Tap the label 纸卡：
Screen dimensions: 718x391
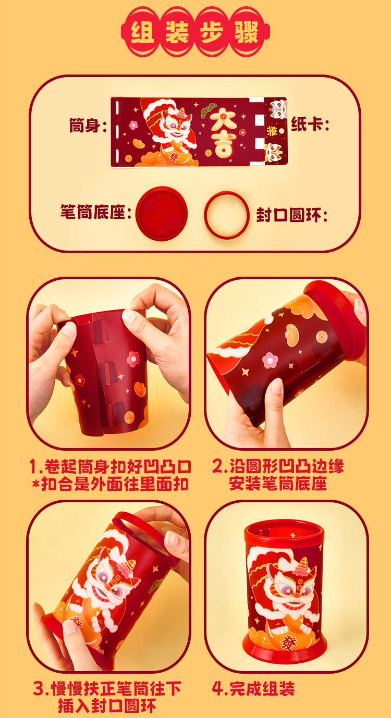click(x=311, y=125)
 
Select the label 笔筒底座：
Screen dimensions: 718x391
click(x=95, y=214)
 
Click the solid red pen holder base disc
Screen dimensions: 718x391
click(x=161, y=213)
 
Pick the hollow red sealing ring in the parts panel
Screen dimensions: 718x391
click(x=227, y=214)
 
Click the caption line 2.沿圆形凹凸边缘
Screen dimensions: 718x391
click(x=278, y=466)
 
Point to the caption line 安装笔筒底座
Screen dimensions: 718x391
click(x=278, y=484)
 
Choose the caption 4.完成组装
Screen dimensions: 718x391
click(x=253, y=689)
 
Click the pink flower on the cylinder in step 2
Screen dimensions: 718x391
click(x=270, y=360)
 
